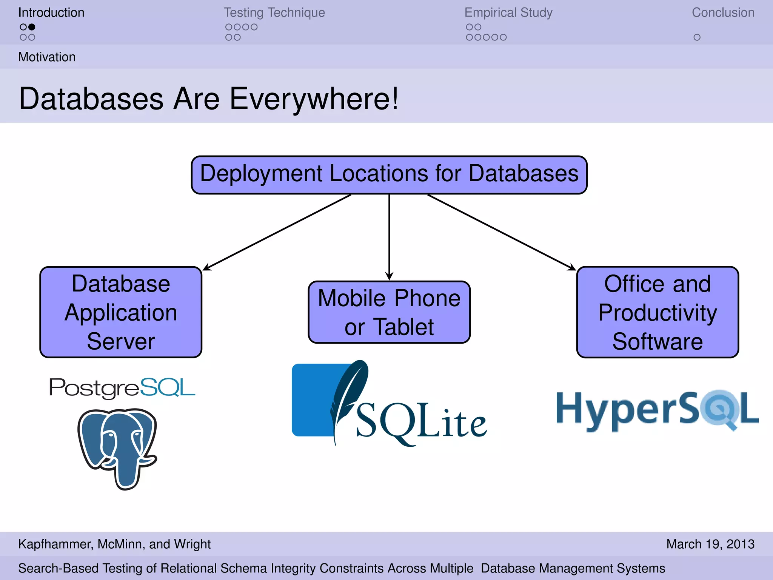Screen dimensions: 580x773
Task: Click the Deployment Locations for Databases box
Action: point(389,175)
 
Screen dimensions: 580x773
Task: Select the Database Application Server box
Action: point(121,312)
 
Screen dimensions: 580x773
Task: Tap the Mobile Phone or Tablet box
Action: point(389,312)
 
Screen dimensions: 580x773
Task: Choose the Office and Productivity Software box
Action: point(658,312)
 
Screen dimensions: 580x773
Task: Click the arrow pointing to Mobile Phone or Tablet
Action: point(389,238)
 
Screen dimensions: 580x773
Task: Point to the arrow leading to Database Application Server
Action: point(277,232)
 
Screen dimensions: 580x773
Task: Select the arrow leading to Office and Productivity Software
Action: point(502,232)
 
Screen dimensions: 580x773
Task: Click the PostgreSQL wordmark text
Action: point(122,388)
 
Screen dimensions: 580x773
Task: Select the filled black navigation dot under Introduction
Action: point(32,27)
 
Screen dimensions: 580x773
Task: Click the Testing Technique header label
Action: point(274,12)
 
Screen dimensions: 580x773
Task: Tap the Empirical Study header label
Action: point(508,12)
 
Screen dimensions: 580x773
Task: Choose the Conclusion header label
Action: point(723,12)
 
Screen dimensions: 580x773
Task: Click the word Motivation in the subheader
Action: point(47,57)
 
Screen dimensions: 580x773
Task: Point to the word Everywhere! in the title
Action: point(313,99)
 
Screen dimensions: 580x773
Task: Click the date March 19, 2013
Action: point(710,544)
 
